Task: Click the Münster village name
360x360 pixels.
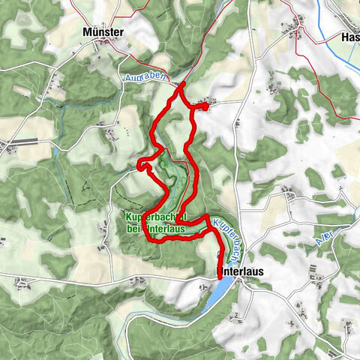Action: click(105, 32)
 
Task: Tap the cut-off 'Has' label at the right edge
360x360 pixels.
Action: click(349, 37)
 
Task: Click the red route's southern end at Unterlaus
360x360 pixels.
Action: click(219, 277)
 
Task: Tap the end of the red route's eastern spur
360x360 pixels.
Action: click(204, 107)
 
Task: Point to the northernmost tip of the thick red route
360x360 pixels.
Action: click(181, 85)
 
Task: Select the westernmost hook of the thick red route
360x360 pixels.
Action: click(139, 164)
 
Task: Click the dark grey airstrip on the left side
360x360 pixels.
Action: click(22, 140)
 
